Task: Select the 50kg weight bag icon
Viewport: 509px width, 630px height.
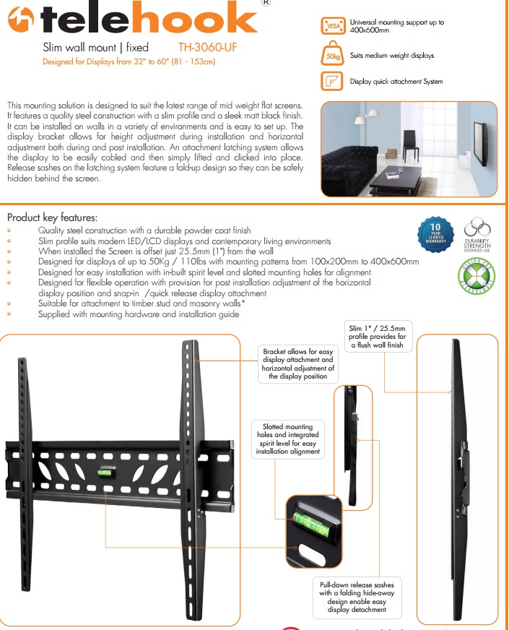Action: point(332,54)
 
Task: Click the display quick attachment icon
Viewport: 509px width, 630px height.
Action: point(332,81)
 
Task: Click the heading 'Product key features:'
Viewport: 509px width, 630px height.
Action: point(52,217)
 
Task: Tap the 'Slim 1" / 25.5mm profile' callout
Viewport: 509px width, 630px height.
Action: point(378,337)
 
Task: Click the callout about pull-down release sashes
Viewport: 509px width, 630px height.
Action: point(357,596)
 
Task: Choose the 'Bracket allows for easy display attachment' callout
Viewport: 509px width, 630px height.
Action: point(297,363)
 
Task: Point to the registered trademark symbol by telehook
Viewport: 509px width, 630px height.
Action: point(265,4)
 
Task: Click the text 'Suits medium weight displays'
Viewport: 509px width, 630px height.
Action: point(391,56)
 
